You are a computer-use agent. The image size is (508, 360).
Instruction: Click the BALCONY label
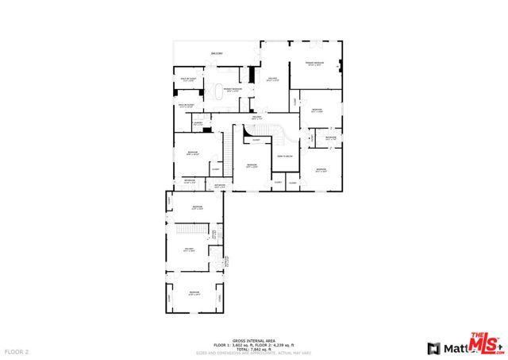(x=217, y=53)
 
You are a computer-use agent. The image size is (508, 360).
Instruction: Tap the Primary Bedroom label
(x=314, y=63)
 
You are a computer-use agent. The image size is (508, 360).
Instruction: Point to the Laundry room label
(x=198, y=122)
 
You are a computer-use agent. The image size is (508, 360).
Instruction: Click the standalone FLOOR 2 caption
(x=17, y=350)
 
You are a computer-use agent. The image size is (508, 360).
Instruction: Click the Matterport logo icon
(x=433, y=348)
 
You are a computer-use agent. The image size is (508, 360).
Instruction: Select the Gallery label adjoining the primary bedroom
(x=272, y=79)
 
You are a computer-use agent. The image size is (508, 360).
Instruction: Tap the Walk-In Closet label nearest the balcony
(x=188, y=79)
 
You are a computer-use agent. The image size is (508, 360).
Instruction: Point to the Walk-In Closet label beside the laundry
(x=187, y=105)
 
